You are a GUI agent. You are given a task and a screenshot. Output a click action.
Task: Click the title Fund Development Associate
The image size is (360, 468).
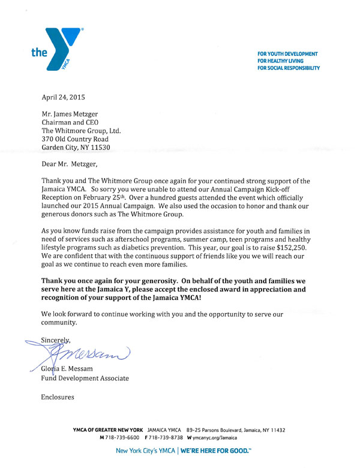click(84, 379)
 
